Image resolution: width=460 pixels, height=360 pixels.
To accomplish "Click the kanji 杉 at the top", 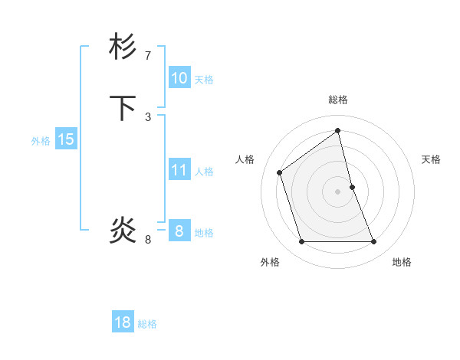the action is tap(123, 47).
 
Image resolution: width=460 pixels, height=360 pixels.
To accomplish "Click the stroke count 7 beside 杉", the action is tap(148, 55).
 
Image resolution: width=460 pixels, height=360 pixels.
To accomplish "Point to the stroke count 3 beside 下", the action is tap(148, 116).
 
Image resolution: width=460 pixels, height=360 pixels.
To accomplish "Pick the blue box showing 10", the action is tap(179, 78).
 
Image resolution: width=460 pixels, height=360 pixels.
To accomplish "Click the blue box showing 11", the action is tap(179, 170).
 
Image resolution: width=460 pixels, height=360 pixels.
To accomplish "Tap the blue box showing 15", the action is tap(65, 139).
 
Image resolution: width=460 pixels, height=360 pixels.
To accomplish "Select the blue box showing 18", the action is tap(123, 322).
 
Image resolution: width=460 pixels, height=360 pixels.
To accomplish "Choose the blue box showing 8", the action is tap(179, 231).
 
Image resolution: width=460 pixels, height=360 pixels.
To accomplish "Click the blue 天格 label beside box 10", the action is tap(204, 80).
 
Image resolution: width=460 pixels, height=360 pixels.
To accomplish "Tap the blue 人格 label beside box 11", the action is tap(204, 172).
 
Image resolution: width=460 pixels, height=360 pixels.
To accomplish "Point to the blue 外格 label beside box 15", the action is tap(41, 141).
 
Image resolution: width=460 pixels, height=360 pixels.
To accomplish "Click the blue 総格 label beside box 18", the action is tap(147, 324).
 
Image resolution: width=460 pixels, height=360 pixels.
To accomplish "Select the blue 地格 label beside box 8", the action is tap(204, 233).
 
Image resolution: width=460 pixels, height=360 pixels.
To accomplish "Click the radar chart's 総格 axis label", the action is tap(338, 100).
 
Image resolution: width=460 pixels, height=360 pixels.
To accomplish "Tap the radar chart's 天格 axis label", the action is tap(432, 159).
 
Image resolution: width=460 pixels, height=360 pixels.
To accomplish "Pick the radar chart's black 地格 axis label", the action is tap(402, 262).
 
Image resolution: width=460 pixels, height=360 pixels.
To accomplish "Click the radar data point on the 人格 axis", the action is tap(280, 172).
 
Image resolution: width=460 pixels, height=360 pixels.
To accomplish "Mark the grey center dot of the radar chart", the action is tap(338, 191).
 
